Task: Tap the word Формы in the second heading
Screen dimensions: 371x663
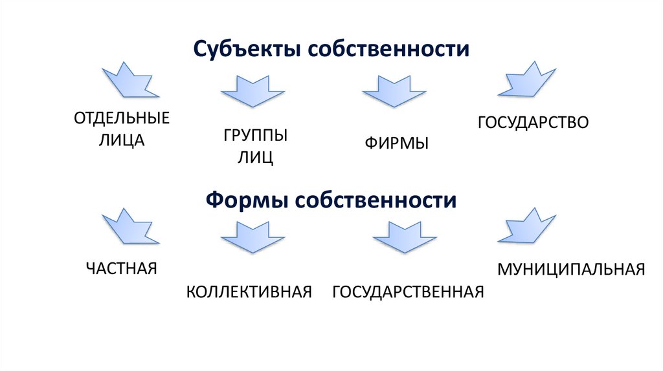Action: click(x=245, y=200)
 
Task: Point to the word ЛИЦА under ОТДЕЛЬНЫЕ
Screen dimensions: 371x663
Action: click(x=121, y=140)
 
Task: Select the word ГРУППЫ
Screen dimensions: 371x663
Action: click(x=256, y=136)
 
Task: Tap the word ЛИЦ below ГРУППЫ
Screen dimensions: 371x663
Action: click(x=256, y=158)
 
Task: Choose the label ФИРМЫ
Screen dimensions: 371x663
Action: click(x=396, y=143)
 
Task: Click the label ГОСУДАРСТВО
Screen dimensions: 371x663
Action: click(x=534, y=122)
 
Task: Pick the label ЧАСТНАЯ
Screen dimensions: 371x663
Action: click(x=122, y=268)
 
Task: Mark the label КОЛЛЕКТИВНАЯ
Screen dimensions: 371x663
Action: click(x=249, y=291)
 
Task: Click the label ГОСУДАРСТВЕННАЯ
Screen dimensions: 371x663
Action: click(x=408, y=291)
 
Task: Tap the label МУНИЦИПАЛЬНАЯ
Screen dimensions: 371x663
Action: click(x=571, y=269)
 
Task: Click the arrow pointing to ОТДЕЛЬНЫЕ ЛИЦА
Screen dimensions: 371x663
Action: click(x=129, y=80)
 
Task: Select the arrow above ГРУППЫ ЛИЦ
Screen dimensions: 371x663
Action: click(x=252, y=90)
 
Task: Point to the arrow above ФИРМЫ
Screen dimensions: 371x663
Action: click(x=394, y=90)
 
